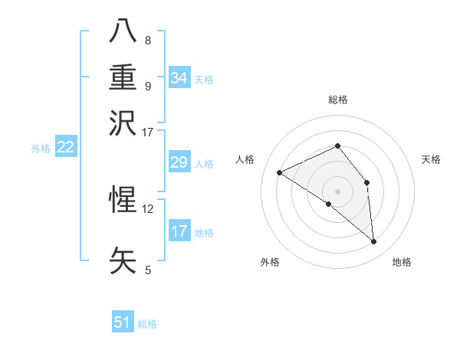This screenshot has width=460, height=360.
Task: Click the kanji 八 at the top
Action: click(x=123, y=30)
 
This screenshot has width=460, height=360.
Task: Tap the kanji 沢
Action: click(x=123, y=123)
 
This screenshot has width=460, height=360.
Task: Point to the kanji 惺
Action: click(x=123, y=200)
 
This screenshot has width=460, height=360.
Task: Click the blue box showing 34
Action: click(x=179, y=78)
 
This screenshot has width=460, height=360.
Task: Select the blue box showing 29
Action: click(x=179, y=162)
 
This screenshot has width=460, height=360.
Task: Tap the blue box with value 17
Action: click(x=179, y=231)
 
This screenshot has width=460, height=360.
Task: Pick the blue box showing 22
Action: click(x=65, y=148)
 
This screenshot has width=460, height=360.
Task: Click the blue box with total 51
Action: click(x=123, y=322)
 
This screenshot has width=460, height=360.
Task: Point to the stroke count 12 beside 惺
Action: click(x=148, y=208)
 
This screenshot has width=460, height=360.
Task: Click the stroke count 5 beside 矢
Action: click(x=148, y=270)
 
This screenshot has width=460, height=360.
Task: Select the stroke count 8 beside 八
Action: click(x=148, y=40)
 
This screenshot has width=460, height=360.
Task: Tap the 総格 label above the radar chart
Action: click(x=338, y=100)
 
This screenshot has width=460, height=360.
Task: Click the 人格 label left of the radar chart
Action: click(x=245, y=159)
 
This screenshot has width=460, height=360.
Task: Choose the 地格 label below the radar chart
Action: click(x=402, y=262)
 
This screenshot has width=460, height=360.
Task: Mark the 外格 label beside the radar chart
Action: click(x=269, y=262)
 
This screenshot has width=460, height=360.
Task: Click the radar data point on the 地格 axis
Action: click(x=373, y=242)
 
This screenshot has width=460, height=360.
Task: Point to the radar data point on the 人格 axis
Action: click(x=280, y=172)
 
